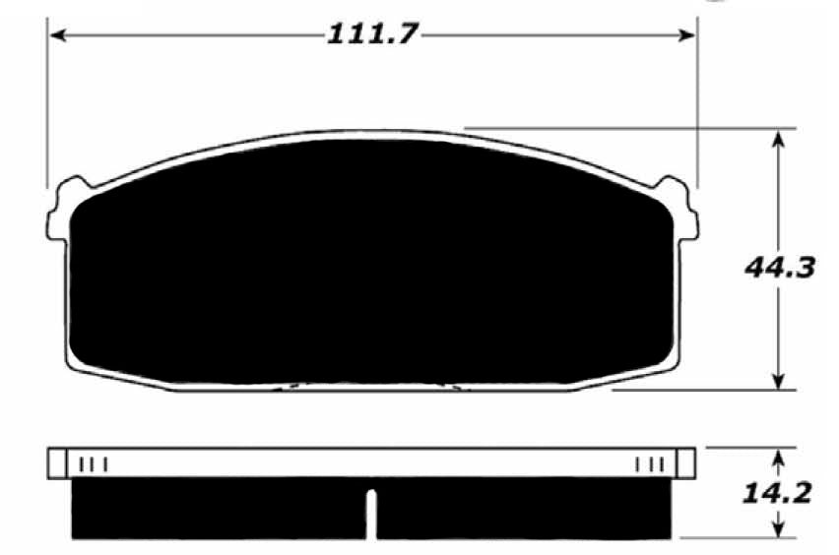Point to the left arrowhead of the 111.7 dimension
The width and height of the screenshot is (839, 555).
pyautogui.click(x=57, y=35)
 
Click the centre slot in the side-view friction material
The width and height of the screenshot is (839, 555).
pyautogui.click(x=371, y=513)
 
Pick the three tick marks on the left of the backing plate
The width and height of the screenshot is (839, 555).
pyautogui.click(x=93, y=462)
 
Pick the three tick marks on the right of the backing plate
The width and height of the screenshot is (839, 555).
pyautogui.click(x=650, y=462)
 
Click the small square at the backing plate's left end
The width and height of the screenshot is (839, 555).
pyautogui.click(x=56, y=462)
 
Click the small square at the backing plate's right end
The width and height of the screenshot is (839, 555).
pyautogui.click(x=686, y=462)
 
